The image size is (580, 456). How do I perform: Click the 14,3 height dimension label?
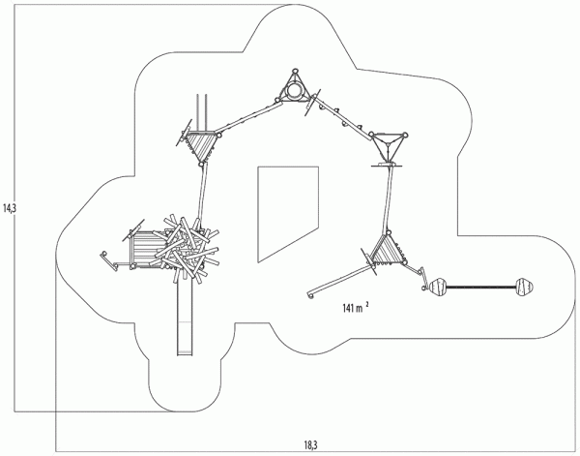[x=10, y=207]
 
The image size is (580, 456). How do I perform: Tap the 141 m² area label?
[x=354, y=308]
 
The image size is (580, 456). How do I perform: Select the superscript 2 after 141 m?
[x=367, y=304]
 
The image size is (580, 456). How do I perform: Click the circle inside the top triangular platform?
[x=293, y=92]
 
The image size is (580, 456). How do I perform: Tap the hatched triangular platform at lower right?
[x=388, y=251]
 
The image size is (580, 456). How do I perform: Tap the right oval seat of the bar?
[x=523, y=287]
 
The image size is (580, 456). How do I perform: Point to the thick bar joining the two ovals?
[x=481, y=287]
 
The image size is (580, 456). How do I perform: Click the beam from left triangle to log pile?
[x=201, y=194]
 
